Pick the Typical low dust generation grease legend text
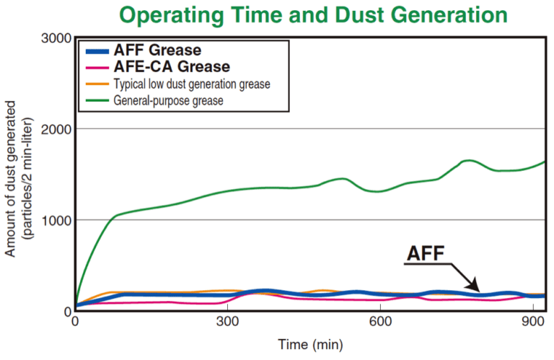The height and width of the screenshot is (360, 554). pos(192,84)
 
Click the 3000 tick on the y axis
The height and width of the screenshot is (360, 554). pos(55,38)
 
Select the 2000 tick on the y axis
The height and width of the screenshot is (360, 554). pos(55,128)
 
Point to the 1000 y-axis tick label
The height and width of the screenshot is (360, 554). pos(55,219)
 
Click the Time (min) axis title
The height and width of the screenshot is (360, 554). pos(310,344)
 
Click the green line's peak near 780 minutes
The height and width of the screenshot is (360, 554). pos(470,160)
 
